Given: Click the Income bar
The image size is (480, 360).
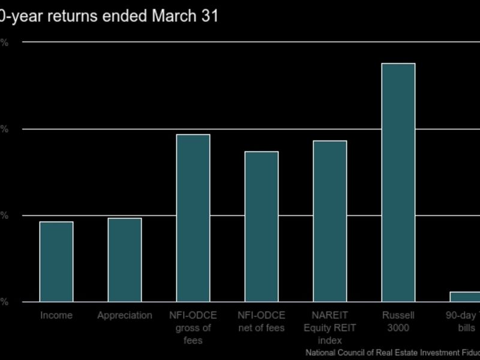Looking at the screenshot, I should click(x=56, y=262).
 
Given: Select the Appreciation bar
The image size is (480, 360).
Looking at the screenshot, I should click(x=125, y=260).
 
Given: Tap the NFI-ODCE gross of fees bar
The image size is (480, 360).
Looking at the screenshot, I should click(x=193, y=218).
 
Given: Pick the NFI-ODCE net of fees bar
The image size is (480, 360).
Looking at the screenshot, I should click(x=262, y=226).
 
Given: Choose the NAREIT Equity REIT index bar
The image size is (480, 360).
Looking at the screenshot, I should click(x=330, y=221).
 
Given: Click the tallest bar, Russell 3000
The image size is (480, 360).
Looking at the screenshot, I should click(x=398, y=182).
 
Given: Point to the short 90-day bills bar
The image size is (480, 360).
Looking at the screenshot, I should click(x=466, y=296).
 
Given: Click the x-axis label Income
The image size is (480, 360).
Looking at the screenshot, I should click(x=56, y=316).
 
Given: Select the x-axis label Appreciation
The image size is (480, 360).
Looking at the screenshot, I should click(x=125, y=316).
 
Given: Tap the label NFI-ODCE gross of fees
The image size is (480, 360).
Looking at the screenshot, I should click(x=193, y=328).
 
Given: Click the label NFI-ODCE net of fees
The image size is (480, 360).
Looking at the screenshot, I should click(x=262, y=322).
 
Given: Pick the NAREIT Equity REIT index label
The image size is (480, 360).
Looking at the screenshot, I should click(x=330, y=328).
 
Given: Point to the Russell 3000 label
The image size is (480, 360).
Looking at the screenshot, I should click(x=398, y=322).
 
